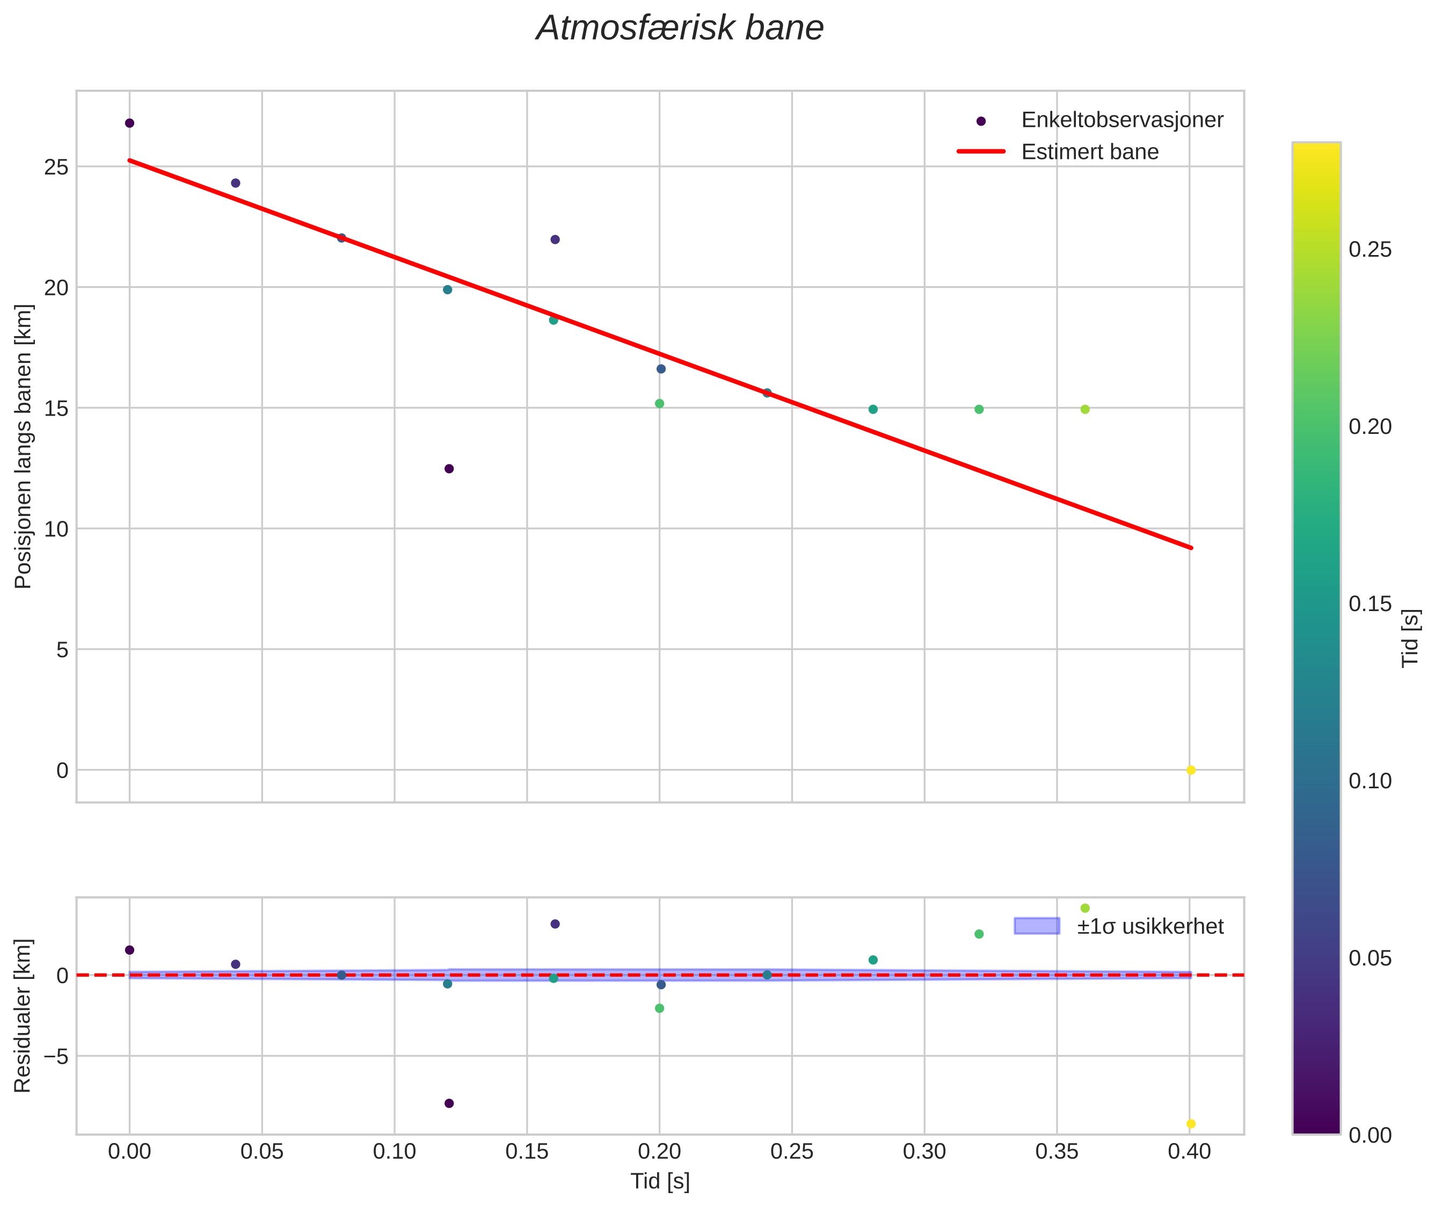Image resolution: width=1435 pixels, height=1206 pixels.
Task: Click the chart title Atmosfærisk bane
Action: (680, 28)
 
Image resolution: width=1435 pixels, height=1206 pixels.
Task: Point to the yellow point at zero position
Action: (1190, 771)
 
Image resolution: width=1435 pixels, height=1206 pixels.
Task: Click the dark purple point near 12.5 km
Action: (449, 469)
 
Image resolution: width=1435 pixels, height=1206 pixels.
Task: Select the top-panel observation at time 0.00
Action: (130, 123)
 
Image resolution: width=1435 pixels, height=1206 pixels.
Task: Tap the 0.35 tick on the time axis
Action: (1057, 1152)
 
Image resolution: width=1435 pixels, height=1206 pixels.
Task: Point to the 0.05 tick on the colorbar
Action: (1370, 958)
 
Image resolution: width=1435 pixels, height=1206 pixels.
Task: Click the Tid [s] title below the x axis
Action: (660, 1181)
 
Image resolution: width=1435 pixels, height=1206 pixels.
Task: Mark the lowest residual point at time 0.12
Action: (449, 1103)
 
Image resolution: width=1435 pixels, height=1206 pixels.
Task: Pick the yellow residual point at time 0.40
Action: (1190, 1124)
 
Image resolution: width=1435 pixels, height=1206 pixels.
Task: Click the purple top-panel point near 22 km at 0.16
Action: (555, 239)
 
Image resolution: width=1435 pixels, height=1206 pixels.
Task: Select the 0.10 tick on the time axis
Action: (395, 1152)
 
